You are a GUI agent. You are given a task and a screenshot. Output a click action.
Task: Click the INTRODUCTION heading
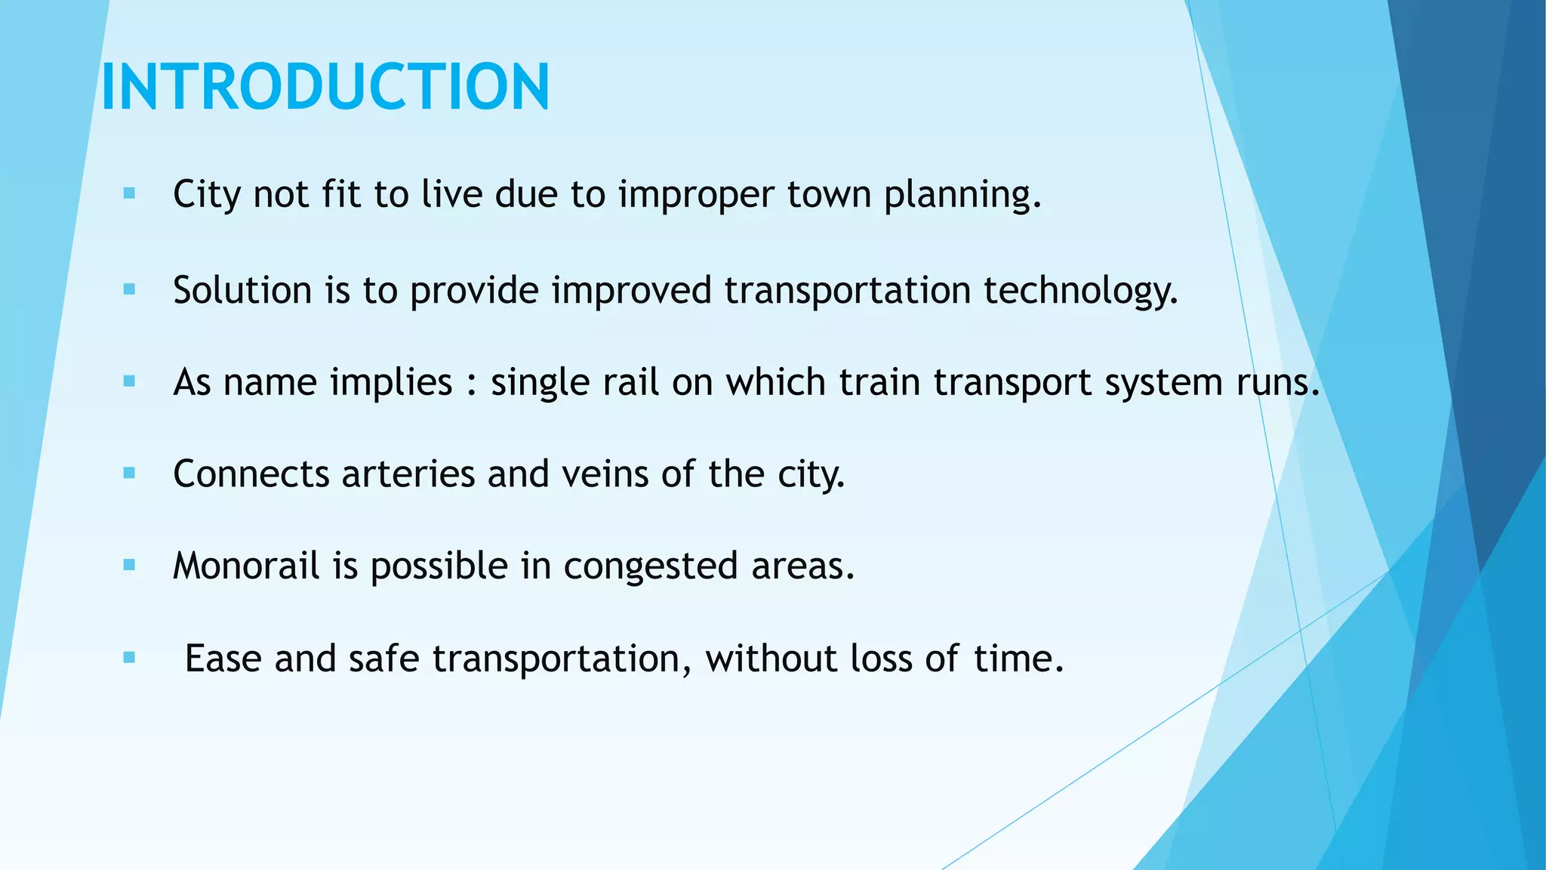(x=325, y=87)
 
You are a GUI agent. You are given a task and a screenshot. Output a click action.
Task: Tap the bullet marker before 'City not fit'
(x=129, y=194)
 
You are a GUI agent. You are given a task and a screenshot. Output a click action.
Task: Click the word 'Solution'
(x=242, y=290)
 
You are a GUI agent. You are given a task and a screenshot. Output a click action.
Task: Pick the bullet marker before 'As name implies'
(x=129, y=381)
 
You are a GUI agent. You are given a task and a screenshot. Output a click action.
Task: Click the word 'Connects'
(x=251, y=474)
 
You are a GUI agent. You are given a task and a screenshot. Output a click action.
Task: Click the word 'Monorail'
(x=246, y=566)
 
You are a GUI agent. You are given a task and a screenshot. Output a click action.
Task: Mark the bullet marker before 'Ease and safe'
(x=129, y=658)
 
